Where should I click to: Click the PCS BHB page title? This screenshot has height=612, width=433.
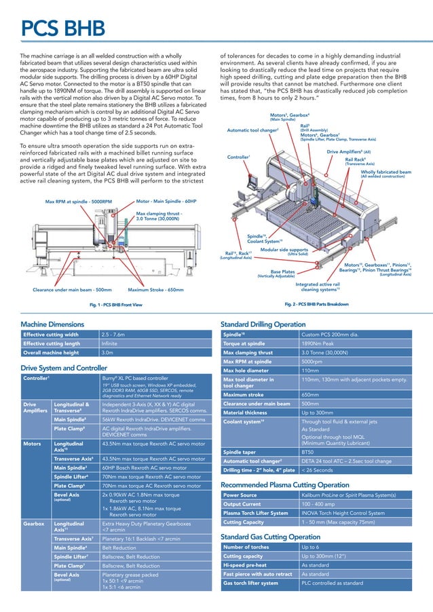pos(62,29)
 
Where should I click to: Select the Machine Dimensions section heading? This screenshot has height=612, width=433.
pos(52,324)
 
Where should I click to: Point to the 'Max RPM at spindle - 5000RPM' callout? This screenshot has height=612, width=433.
pos(78,202)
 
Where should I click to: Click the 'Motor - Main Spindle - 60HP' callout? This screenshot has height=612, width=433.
pos(166,202)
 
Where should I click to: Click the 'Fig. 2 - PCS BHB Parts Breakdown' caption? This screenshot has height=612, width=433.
pos(316,305)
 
